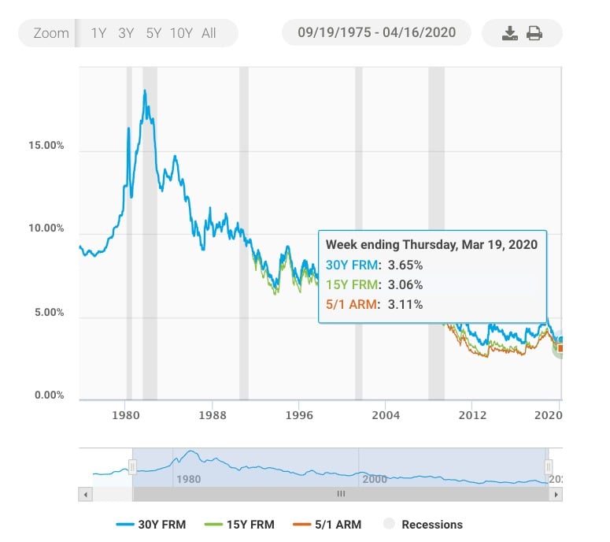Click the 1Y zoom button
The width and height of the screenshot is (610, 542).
tap(99, 33)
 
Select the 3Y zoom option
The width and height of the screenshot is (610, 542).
tap(126, 33)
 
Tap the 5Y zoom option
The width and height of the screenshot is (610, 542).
tap(153, 33)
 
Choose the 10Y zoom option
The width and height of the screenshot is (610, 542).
tap(181, 33)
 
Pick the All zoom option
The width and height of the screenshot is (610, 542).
tap(209, 33)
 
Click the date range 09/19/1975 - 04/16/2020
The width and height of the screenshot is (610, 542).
tap(376, 33)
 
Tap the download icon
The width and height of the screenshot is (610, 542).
tap(510, 33)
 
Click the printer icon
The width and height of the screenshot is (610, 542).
tap(534, 33)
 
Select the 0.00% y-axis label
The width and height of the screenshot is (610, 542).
tap(48, 395)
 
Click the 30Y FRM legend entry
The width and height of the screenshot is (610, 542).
tap(151, 524)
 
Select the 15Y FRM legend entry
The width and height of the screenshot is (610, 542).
tap(240, 524)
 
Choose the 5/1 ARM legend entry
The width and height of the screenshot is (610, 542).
tap(327, 524)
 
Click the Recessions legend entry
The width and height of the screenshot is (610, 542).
tap(423, 524)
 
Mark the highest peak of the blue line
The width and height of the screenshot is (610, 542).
tap(145, 91)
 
